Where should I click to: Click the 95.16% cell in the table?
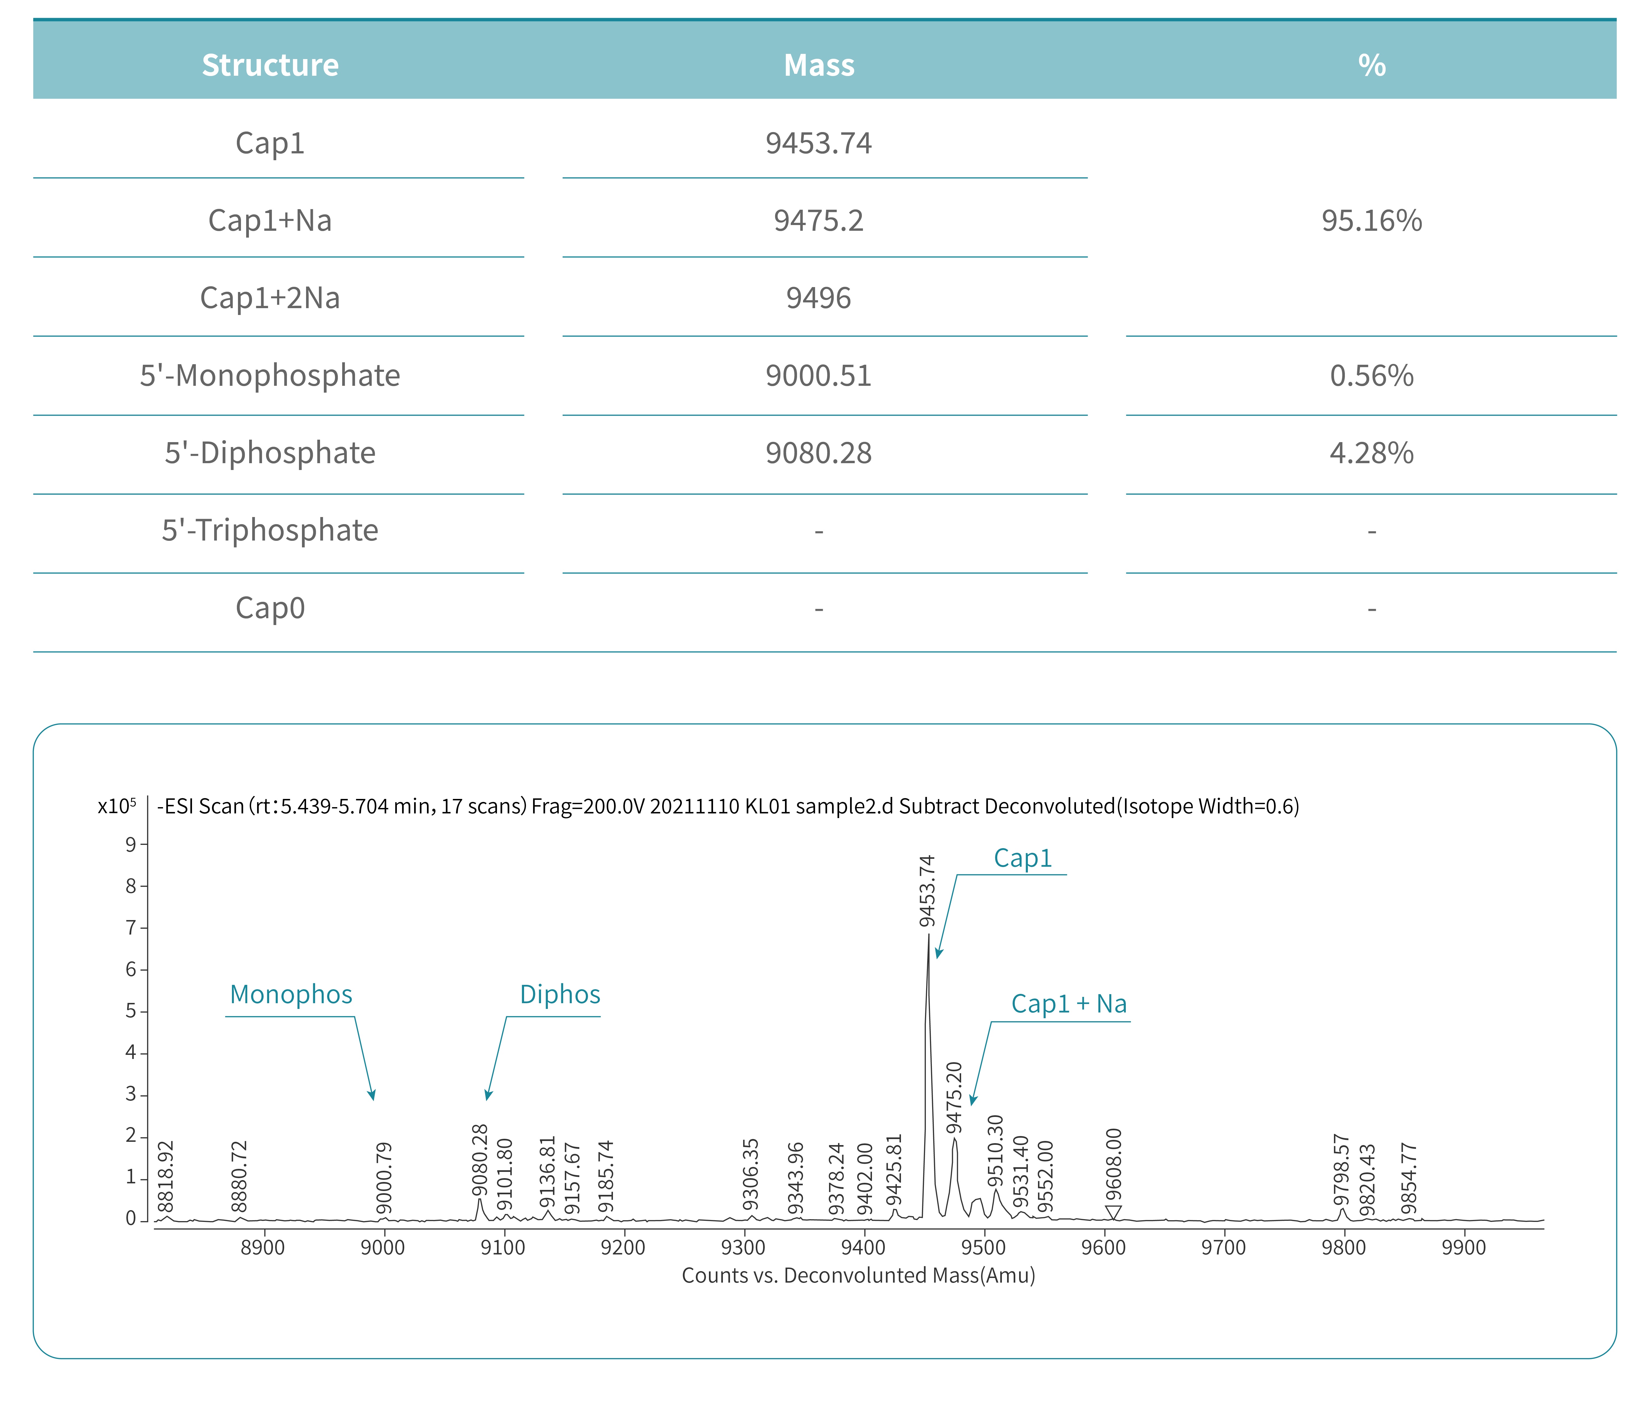[1371, 220]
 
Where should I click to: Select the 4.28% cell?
[1371, 453]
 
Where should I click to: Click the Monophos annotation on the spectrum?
[291, 994]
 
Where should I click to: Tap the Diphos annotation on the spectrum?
[560, 994]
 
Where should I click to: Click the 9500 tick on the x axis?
[983, 1247]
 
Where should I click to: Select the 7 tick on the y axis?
[131, 928]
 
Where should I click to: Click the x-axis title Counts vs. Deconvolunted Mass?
[858, 1275]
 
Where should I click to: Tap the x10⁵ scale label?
[117, 806]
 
